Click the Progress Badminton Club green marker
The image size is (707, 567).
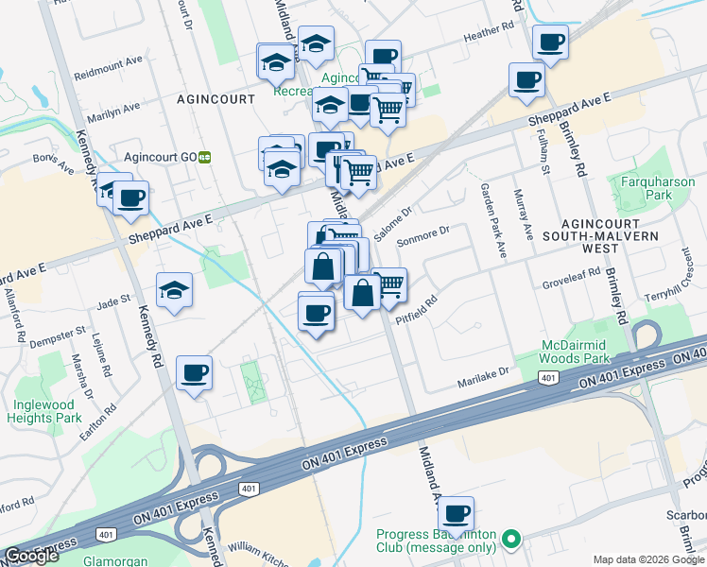click(511, 541)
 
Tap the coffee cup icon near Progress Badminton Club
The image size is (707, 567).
click(457, 514)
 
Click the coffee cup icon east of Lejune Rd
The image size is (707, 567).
click(194, 372)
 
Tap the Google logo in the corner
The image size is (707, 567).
click(31, 556)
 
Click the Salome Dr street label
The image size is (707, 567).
click(393, 223)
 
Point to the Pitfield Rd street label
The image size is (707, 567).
click(418, 310)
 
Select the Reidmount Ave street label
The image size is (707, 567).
click(108, 73)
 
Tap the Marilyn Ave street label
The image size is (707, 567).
click(112, 112)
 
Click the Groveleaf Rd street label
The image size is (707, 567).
click(572, 275)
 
